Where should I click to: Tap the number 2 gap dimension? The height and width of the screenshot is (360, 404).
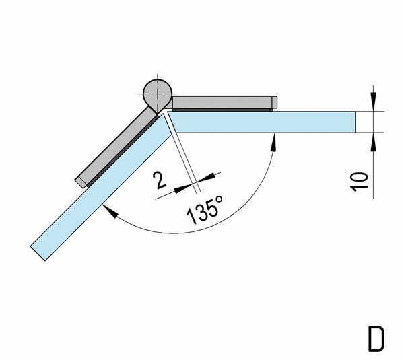pos(159,180)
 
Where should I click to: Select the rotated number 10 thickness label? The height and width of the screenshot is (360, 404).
pos(359,182)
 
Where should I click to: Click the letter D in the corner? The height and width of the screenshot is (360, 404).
pos(376,339)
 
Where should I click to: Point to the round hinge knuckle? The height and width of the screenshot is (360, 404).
pos(158,95)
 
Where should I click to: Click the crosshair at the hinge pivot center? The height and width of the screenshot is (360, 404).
pos(158,94)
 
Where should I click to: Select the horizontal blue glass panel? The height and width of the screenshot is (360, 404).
pos(261,122)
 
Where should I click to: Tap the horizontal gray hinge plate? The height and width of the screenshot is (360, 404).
pos(224,102)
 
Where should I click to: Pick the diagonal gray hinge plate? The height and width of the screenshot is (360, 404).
pos(116,147)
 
